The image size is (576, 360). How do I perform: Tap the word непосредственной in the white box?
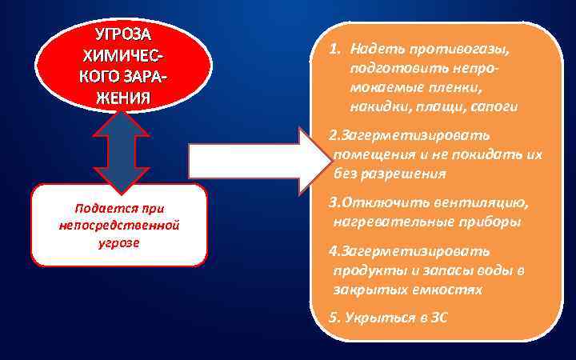tap(119, 226)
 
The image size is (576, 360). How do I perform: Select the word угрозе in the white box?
tap(119, 242)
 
